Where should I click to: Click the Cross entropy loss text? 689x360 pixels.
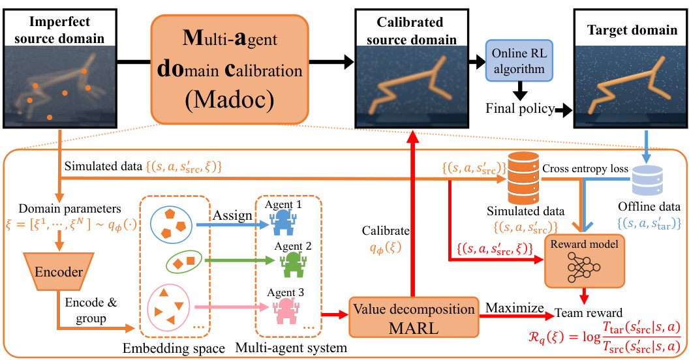point(585,169)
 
